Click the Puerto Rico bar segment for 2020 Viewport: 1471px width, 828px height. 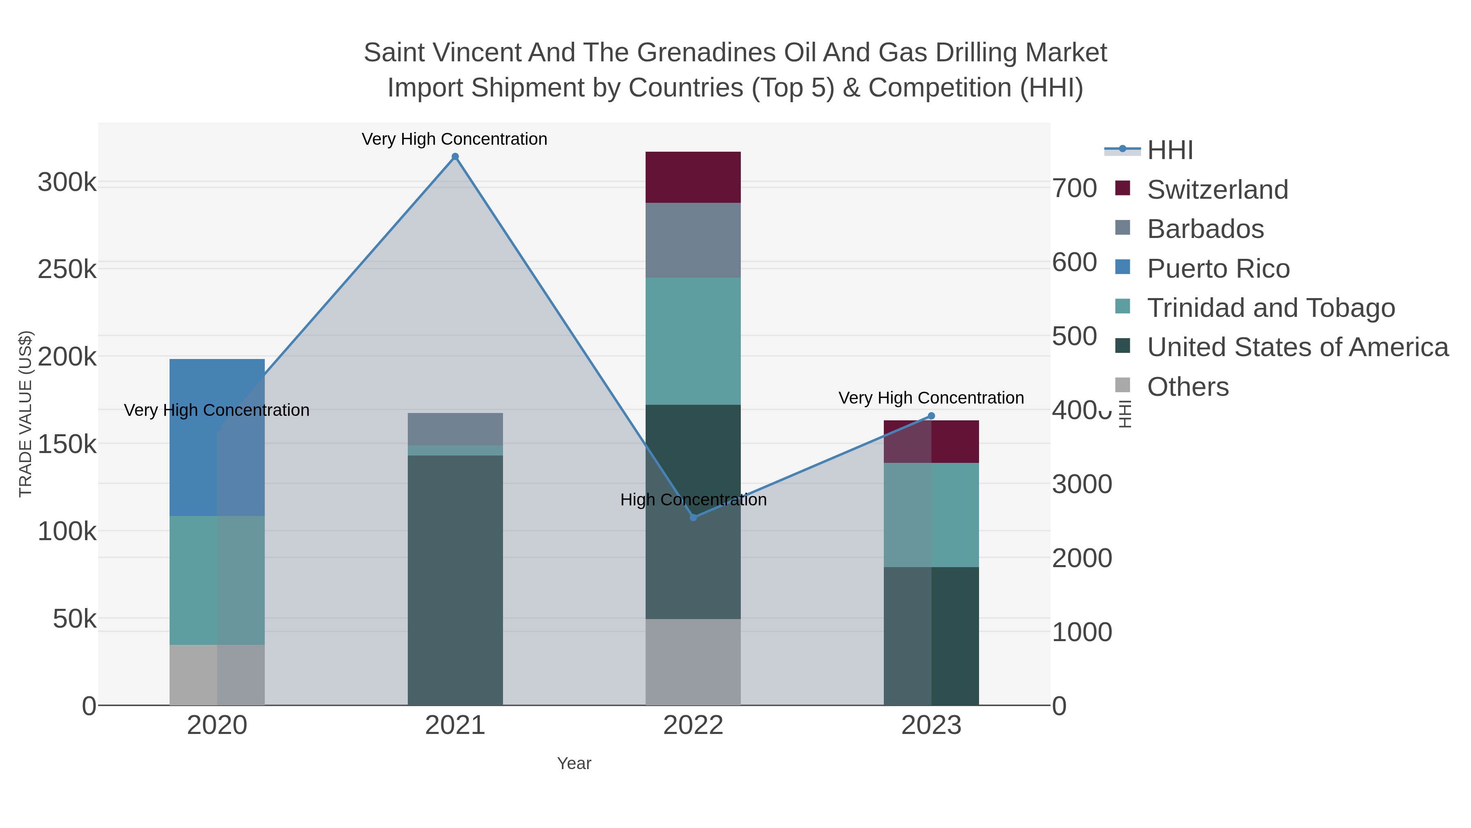pos(217,437)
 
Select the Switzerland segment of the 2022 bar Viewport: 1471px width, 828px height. pos(693,177)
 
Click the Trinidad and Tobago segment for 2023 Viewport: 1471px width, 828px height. pos(931,514)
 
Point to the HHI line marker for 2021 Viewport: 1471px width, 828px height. pos(455,157)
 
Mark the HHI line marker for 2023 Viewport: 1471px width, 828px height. pos(931,415)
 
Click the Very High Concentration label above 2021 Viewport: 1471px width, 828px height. pos(454,139)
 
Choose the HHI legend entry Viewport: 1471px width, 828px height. pos(1169,150)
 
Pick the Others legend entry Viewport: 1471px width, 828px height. pos(1187,387)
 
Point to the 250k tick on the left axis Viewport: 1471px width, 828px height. pos(67,269)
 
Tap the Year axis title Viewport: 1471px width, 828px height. pos(574,763)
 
